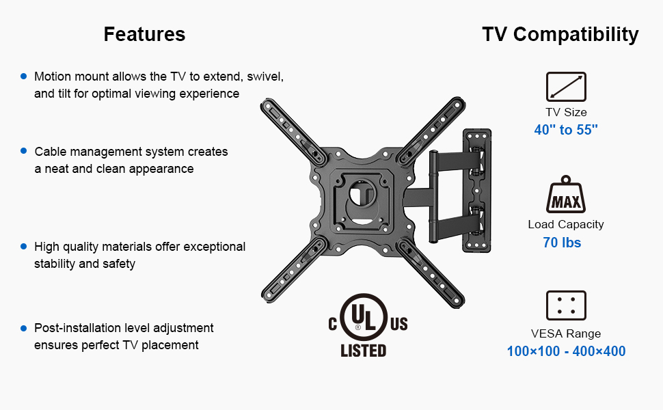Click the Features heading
tap(144, 34)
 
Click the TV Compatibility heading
tap(560, 34)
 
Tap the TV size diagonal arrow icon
tap(566, 87)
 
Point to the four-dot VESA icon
tap(566, 305)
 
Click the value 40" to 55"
tap(566, 130)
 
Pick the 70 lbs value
tap(562, 242)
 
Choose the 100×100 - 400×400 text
tap(566, 352)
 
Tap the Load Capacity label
tap(566, 224)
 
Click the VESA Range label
tap(566, 333)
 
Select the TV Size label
tap(566, 112)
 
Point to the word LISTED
tap(364, 351)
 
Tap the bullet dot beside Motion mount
tap(24, 77)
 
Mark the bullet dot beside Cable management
tap(24, 150)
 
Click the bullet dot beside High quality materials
tap(24, 246)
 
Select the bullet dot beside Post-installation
tap(24, 328)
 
